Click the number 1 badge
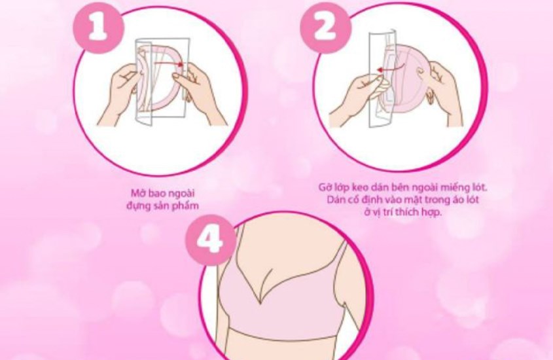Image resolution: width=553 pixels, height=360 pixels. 98,27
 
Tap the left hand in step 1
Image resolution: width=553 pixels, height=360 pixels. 124,88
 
